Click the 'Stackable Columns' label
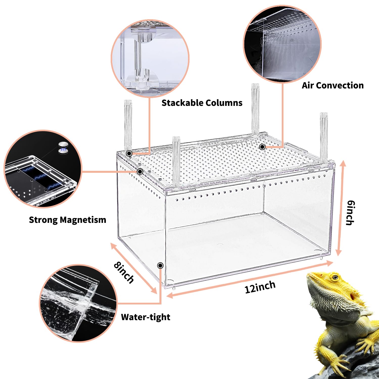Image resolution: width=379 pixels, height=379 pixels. pyautogui.click(x=202, y=103)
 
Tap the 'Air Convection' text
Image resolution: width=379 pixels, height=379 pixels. pyautogui.click(x=333, y=85)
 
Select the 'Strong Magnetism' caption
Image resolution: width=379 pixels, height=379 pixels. pyautogui.click(x=67, y=220)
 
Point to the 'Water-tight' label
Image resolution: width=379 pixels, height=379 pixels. pyautogui.click(x=146, y=317)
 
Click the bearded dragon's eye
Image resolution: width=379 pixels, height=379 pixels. pyautogui.click(x=335, y=277)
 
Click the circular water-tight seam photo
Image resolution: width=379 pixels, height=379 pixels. pyautogui.click(x=78, y=303)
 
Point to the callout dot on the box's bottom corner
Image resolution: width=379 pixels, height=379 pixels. pyautogui.click(x=160, y=265)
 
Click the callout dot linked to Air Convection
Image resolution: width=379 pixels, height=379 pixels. pyautogui.click(x=262, y=147)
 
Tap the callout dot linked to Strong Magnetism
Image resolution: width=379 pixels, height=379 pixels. pyautogui.click(x=140, y=172)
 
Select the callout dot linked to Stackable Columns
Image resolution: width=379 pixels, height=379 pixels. pyautogui.click(x=129, y=153)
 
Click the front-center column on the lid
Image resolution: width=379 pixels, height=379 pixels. pyautogui.click(x=176, y=162)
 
